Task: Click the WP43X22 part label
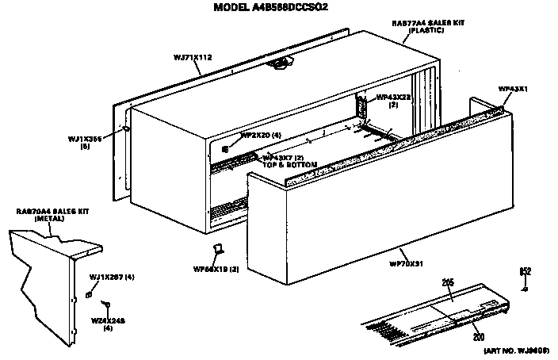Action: tap(394, 100)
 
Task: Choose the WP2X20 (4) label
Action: tap(261, 136)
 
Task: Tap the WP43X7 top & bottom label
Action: tap(290, 161)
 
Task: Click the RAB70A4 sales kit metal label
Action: tap(48, 214)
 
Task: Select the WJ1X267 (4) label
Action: tap(111, 277)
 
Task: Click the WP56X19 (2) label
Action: tap(216, 270)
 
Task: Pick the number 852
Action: tap(524, 272)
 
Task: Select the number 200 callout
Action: tap(478, 336)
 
